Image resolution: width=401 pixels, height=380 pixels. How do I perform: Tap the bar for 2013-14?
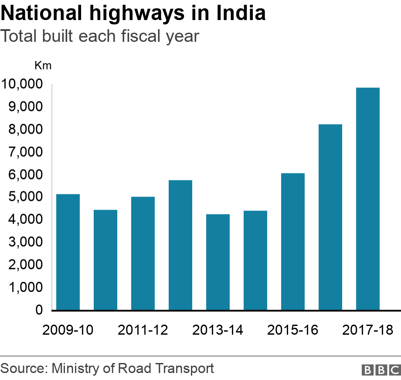point(218,262)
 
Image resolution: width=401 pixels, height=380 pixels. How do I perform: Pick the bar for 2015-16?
point(293,241)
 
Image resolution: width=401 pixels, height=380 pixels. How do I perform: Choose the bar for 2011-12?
point(143,253)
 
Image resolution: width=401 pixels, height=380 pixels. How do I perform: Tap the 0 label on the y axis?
point(39,310)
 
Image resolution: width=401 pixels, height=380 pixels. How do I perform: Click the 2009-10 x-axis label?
point(68,330)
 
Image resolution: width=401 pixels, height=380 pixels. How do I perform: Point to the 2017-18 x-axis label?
point(368,330)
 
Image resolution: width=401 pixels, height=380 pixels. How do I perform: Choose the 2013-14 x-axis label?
point(218,330)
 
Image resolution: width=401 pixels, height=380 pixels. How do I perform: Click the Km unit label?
point(43,66)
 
